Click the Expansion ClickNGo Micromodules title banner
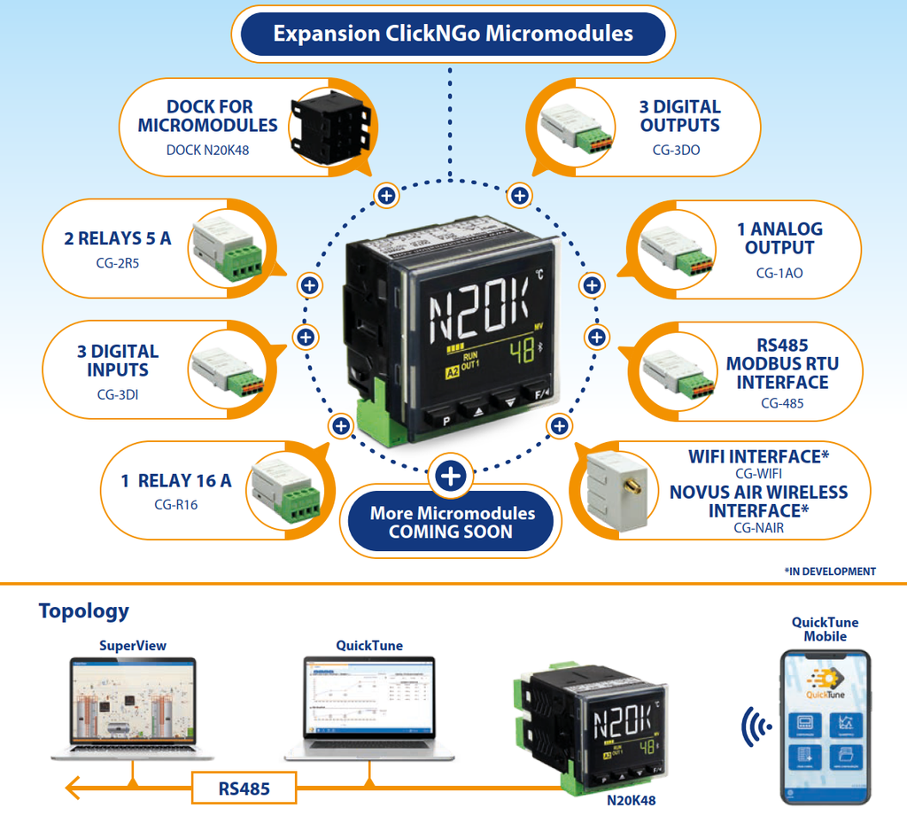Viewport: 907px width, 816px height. (453, 35)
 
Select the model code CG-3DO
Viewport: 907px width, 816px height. (676, 150)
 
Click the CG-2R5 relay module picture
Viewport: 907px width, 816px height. (226, 246)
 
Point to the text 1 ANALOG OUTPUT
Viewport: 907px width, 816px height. (779, 238)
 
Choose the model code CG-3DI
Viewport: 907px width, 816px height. (118, 394)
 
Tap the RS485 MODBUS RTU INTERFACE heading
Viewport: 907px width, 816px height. (783, 363)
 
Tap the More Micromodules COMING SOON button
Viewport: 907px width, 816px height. (452, 523)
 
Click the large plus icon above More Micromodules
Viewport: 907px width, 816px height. (451, 477)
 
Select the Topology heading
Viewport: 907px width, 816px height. (83, 610)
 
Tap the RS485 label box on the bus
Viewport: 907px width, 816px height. (244, 788)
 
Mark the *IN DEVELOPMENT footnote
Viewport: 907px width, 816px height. (829, 571)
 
